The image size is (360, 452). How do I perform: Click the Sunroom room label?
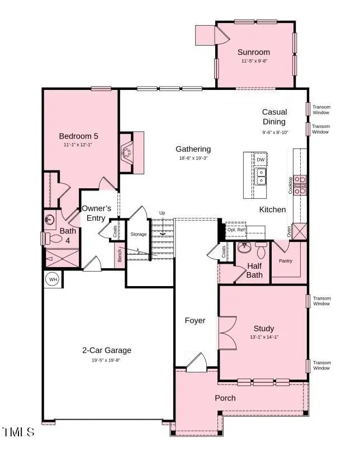[x=254, y=52]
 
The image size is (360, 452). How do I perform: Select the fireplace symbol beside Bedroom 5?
[x=128, y=151]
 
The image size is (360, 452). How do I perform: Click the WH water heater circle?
[x=53, y=279]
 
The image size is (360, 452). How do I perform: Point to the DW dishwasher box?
[x=260, y=159]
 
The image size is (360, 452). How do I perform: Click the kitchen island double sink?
[x=261, y=177]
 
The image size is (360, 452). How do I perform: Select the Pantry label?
[x=286, y=261]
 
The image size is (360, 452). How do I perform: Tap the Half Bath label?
[x=254, y=270]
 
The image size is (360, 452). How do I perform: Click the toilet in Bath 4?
[x=55, y=239]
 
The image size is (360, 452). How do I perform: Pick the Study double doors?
[x=226, y=333]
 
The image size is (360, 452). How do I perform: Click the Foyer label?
[x=195, y=321]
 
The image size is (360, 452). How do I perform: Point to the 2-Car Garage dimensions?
[x=106, y=360]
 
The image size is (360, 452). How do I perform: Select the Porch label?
[x=225, y=398]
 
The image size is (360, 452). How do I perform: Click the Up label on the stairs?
[x=162, y=213]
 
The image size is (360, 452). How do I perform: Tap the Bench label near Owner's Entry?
[x=120, y=256]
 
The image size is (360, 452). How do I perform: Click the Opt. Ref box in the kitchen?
[x=236, y=230]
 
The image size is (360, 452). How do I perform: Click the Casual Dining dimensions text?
[x=274, y=132]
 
